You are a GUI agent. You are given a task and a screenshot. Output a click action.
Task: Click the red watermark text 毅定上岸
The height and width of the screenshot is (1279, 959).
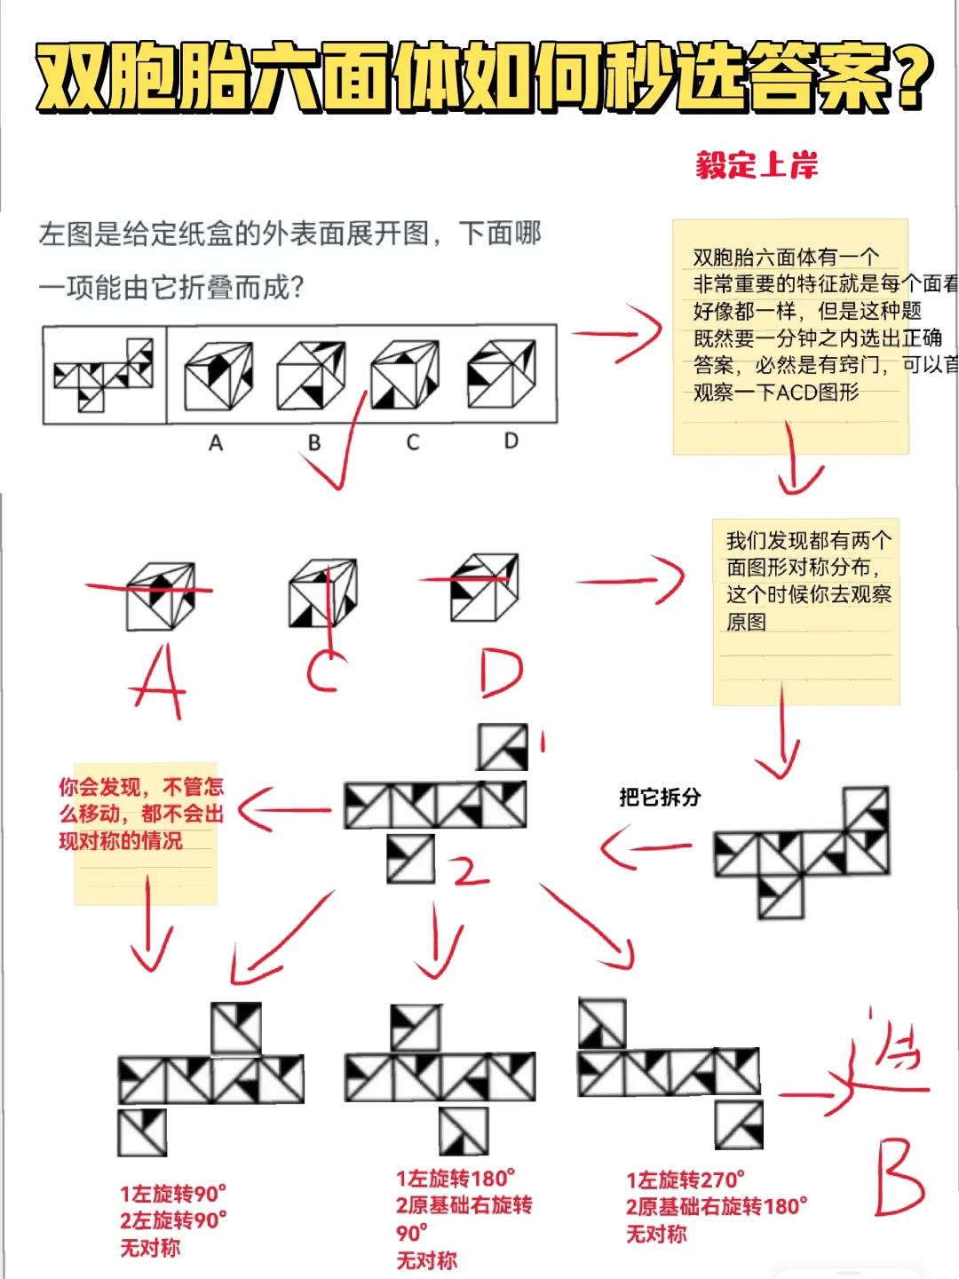pos(757,165)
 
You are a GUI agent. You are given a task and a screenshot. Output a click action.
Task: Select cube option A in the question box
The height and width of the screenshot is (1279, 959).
pos(218,377)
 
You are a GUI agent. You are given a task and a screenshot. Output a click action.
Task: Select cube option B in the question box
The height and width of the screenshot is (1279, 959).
pos(311,377)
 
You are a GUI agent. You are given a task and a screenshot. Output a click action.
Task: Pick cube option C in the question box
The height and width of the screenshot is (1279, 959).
pos(405,377)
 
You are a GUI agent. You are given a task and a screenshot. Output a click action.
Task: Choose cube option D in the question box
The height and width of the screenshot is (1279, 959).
pos(502,375)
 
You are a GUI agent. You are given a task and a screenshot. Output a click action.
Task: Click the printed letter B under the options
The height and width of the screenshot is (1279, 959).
pos(313,442)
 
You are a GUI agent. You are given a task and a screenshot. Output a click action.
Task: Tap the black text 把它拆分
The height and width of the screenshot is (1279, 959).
pos(660,797)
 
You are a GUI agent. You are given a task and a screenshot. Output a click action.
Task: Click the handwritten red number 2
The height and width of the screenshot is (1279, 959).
pos(468,872)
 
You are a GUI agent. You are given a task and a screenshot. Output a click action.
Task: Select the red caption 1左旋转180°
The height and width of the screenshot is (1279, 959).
pos(456,1179)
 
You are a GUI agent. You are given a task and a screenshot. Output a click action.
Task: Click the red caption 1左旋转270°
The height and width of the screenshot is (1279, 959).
pos(686,1180)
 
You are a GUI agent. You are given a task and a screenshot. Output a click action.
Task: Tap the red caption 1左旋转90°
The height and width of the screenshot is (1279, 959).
pos(173,1193)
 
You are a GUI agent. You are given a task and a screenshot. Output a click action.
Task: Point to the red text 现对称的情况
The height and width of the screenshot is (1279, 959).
pos(121,840)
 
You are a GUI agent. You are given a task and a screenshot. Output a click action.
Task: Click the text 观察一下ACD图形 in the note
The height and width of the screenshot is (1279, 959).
pos(776,392)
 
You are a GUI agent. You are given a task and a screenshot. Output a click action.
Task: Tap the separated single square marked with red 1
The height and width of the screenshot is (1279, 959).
pos(503,747)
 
